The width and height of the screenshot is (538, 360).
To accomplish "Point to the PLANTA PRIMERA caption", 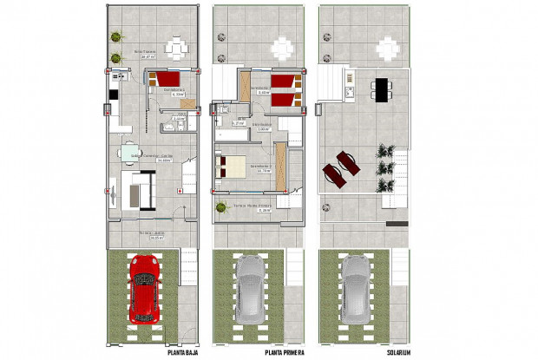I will tap(285, 353).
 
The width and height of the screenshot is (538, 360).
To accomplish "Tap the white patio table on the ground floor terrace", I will tap(177, 48).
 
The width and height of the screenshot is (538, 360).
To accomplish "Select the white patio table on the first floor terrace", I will tap(284, 48).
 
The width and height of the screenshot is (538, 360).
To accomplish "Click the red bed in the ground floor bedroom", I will tap(163, 81).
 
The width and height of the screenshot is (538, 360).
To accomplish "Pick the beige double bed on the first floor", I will tap(234, 164).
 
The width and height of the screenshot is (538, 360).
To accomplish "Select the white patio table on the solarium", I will tap(387, 48).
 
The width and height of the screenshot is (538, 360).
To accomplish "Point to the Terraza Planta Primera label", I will tap(253, 206).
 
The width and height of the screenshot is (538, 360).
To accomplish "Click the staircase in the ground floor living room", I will tap(188, 179).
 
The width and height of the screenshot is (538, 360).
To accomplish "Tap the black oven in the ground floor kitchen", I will tap(112, 95).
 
